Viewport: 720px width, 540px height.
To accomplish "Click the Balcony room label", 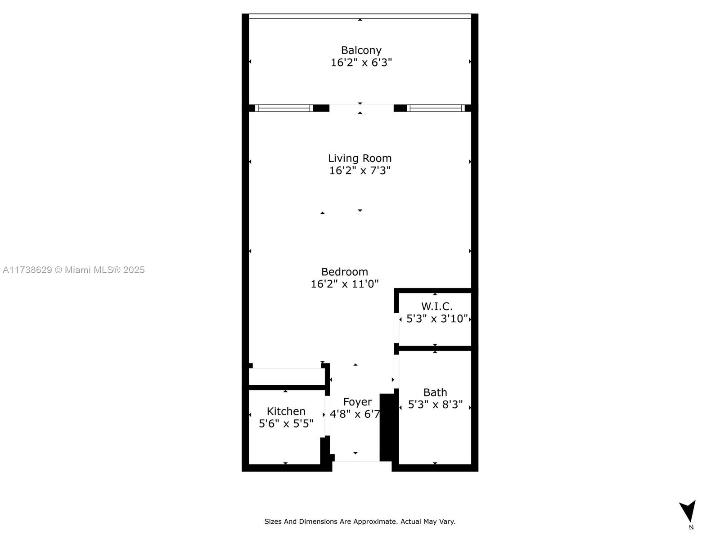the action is click(x=361, y=50).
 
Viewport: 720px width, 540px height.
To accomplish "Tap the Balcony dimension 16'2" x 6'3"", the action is click(x=361, y=62).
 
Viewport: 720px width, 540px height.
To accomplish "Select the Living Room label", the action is click(x=360, y=158).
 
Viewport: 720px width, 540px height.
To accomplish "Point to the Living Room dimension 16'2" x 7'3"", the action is click(x=360, y=171).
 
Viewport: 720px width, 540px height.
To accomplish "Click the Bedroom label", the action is click(x=345, y=272).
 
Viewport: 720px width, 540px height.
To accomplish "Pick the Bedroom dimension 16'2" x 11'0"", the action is click(x=345, y=283).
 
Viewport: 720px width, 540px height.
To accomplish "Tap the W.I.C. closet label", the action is click(x=437, y=306).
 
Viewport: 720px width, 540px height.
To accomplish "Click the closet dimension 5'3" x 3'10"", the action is click(x=437, y=318).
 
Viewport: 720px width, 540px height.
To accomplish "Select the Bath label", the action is click(x=435, y=392).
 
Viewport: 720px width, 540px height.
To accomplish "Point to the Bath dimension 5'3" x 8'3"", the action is click(x=435, y=405).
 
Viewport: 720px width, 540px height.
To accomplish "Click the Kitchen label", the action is click(x=286, y=411).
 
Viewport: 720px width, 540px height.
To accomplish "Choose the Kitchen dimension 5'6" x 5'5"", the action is click(x=286, y=423).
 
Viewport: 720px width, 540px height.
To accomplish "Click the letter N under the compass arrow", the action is click(x=691, y=527).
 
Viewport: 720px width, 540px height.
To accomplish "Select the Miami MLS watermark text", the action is click(x=73, y=270).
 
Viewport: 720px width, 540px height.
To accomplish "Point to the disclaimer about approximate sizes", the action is click(x=360, y=521).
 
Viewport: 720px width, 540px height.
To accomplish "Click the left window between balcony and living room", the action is click(x=284, y=108).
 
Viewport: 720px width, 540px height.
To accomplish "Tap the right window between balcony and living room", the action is click(x=436, y=108).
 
